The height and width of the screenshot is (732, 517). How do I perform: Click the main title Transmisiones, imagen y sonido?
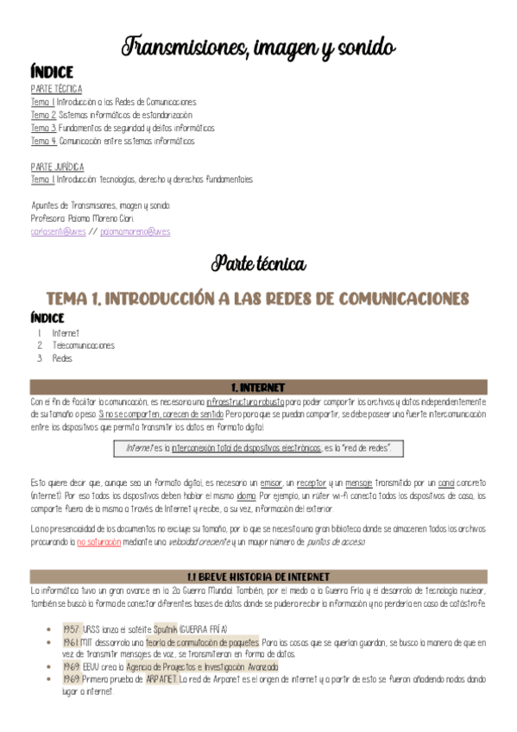(x=259, y=45)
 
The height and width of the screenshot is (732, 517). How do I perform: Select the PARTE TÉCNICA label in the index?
(x=56, y=89)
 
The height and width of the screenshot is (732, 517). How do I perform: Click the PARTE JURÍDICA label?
(x=57, y=166)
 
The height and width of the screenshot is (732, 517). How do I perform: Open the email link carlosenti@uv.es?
(x=58, y=231)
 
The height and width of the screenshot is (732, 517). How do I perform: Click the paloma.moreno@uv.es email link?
(x=136, y=231)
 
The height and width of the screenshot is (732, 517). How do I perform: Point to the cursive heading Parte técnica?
(x=259, y=262)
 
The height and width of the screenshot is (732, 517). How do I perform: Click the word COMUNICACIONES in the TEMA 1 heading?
(x=391, y=298)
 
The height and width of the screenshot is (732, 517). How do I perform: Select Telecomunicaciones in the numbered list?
(x=83, y=345)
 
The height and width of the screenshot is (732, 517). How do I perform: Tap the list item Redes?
(x=62, y=358)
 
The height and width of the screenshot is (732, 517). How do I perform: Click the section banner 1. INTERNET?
(x=259, y=388)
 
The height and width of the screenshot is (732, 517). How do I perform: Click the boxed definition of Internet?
(x=259, y=449)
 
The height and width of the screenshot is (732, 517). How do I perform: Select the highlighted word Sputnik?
(x=168, y=630)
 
